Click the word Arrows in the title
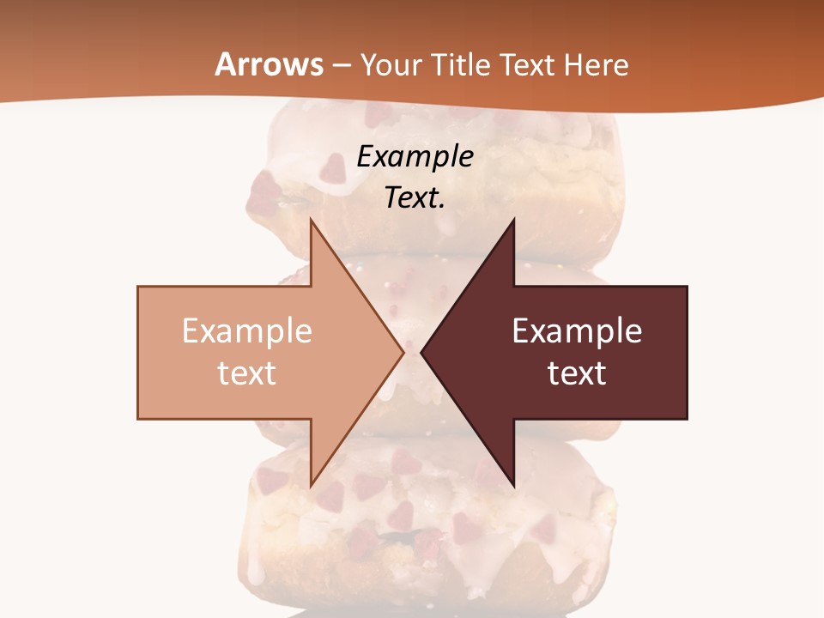(x=269, y=64)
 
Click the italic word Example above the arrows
(x=415, y=156)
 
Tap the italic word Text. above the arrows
(x=415, y=197)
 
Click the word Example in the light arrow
(x=247, y=331)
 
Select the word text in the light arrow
(x=247, y=373)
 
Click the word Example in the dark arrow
(x=577, y=331)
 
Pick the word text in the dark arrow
(x=577, y=373)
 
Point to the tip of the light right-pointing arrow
(x=403, y=352)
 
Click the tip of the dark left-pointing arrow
(x=421, y=352)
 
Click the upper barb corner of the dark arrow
(x=514, y=218)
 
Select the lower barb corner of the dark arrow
(x=514, y=487)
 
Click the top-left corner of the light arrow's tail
(x=138, y=287)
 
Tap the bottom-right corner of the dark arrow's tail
(x=687, y=418)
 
